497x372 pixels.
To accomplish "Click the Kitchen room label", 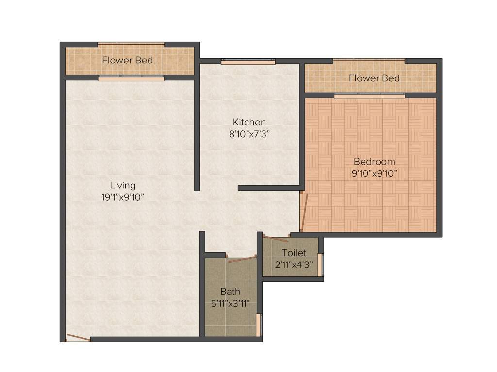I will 249,122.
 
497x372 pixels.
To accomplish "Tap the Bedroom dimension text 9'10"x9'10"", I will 374,173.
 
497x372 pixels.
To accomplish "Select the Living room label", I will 122,185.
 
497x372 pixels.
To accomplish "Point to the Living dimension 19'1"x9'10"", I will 122,197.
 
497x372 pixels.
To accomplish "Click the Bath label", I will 230,292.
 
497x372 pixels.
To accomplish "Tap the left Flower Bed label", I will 127,61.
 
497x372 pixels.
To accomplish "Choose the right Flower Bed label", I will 374,78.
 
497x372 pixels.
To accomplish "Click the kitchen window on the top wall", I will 248,62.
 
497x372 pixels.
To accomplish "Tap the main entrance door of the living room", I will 78,338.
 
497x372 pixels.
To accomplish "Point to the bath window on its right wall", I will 259,325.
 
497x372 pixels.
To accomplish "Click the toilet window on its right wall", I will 320,264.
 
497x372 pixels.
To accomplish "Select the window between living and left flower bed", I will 131,77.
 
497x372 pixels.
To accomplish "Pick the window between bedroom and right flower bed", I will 369,96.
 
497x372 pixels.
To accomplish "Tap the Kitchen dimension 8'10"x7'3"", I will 249,134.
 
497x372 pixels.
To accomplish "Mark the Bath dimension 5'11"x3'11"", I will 230,304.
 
